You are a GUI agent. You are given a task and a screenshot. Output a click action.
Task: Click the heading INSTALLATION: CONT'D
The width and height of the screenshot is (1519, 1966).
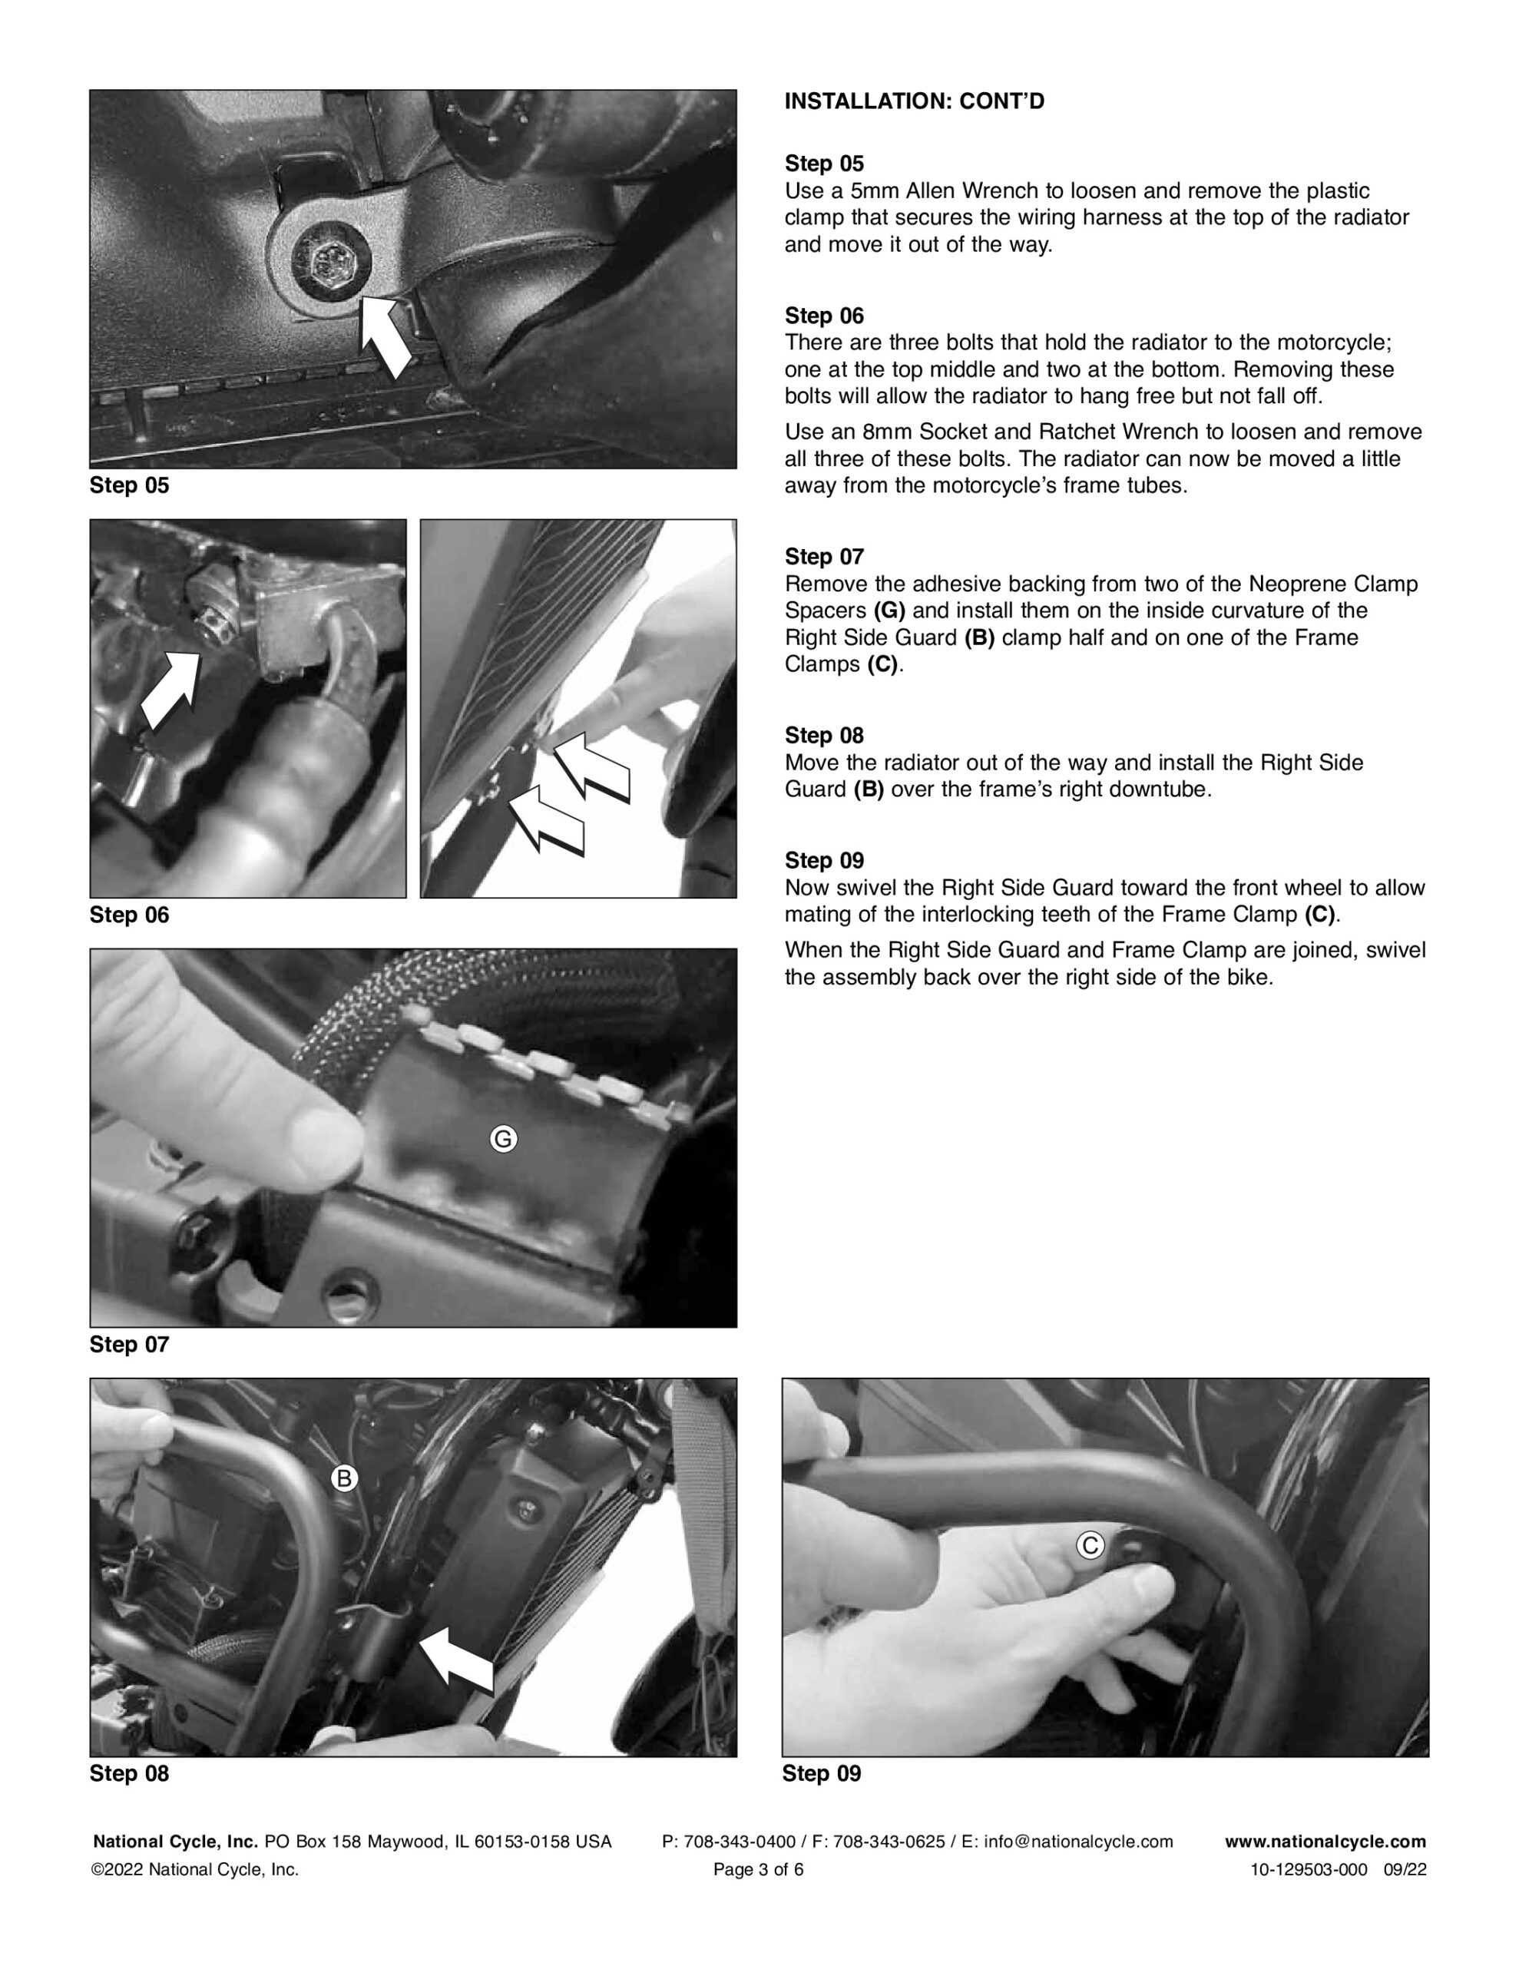tap(914, 101)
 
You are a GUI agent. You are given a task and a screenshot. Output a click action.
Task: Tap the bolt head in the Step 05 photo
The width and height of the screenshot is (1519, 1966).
tap(324, 262)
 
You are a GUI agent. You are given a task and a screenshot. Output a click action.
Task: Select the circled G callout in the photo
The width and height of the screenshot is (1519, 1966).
tap(503, 1140)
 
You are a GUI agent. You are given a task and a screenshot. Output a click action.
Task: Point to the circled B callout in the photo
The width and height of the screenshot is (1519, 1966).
tap(344, 1478)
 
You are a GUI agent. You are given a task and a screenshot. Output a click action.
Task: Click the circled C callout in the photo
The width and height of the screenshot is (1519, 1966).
tap(1090, 1546)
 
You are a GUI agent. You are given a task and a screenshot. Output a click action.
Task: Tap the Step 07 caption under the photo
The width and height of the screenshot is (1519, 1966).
tap(129, 1344)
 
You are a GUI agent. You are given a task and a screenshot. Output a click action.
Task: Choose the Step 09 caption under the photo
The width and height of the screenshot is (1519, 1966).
tap(821, 1773)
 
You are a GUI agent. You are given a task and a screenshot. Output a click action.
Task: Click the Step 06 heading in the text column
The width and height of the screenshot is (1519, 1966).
tap(824, 316)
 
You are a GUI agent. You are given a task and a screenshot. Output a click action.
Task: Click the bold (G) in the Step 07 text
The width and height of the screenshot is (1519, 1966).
tap(889, 611)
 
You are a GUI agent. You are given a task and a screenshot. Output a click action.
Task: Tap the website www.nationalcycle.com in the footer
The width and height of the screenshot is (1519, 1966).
tap(1325, 1842)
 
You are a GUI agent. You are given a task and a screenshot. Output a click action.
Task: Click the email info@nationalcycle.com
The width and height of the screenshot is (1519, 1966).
tap(1079, 1842)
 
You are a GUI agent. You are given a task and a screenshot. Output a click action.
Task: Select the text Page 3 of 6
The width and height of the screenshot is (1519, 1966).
tap(758, 1870)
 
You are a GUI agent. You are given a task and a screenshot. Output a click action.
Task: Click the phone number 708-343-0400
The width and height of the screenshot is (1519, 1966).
tap(740, 1842)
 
